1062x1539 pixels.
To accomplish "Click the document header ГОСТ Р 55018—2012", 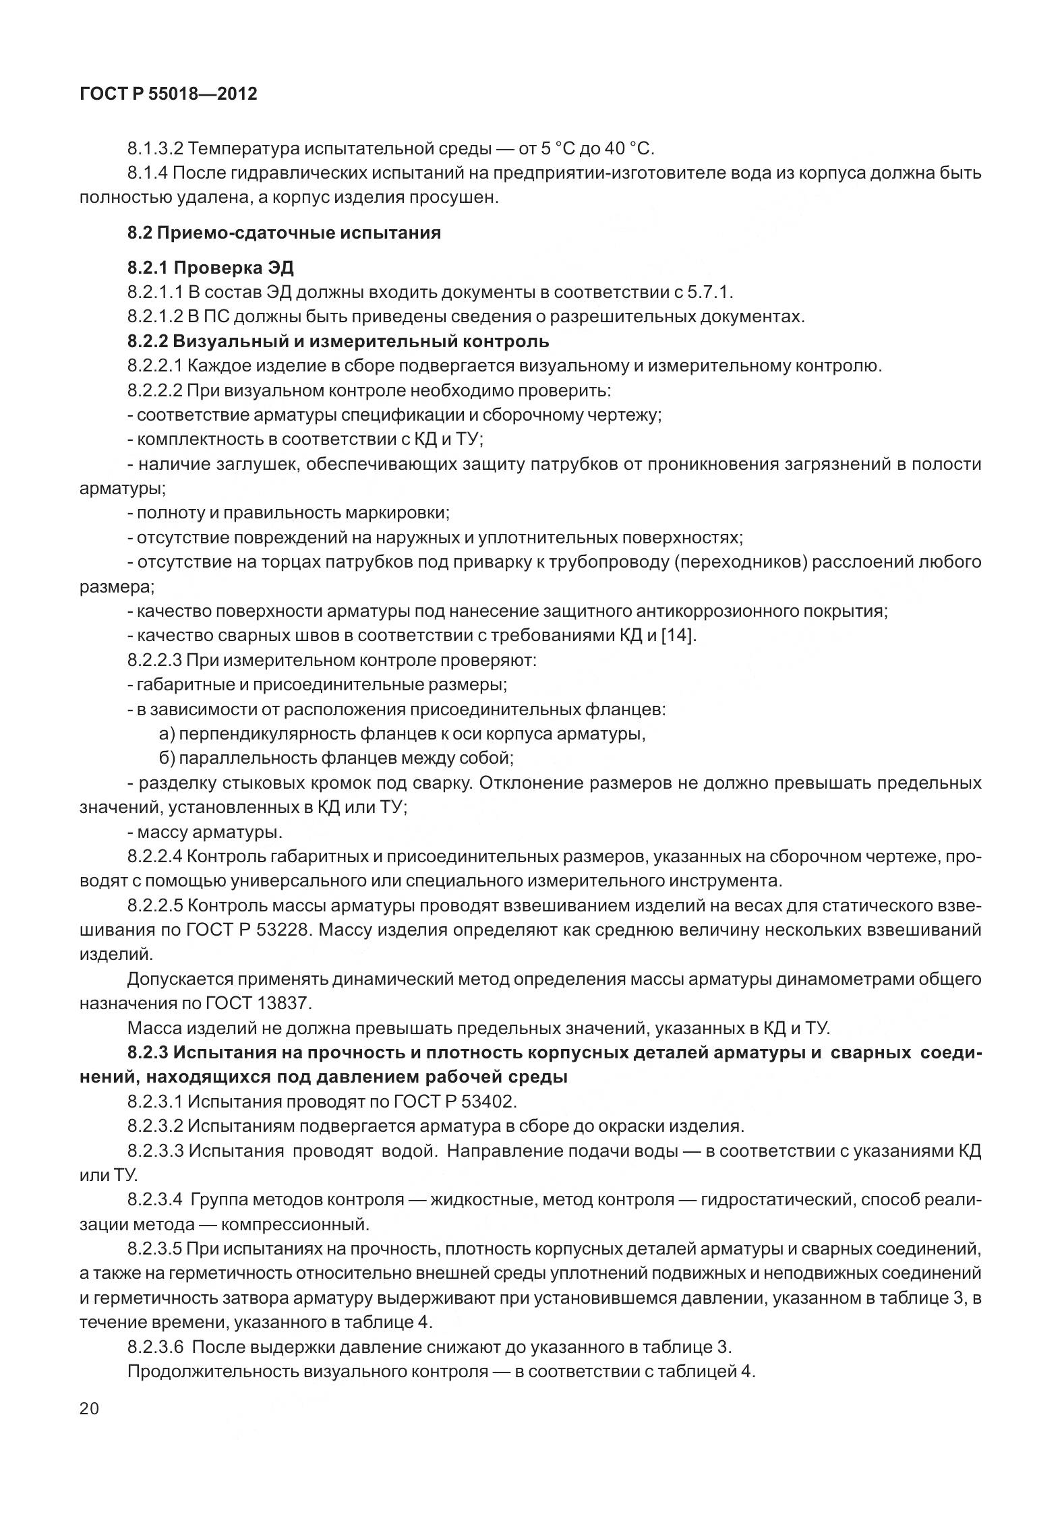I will (x=168, y=94).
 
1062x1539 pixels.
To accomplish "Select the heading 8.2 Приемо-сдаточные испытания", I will (x=284, y=233).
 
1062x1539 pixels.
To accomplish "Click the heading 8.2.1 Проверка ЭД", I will (x=210, y=268).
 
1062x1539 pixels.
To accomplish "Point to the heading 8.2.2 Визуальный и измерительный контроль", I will (x=338, y=342).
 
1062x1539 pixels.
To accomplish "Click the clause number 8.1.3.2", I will (x=154, y=148).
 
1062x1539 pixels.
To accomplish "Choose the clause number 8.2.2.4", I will (x=154, y=857).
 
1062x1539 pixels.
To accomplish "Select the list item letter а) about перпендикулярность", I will (x=167, y=733).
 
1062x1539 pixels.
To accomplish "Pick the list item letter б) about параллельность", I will (x=167, y=758).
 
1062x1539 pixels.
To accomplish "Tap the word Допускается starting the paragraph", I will (x=178, y=979).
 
